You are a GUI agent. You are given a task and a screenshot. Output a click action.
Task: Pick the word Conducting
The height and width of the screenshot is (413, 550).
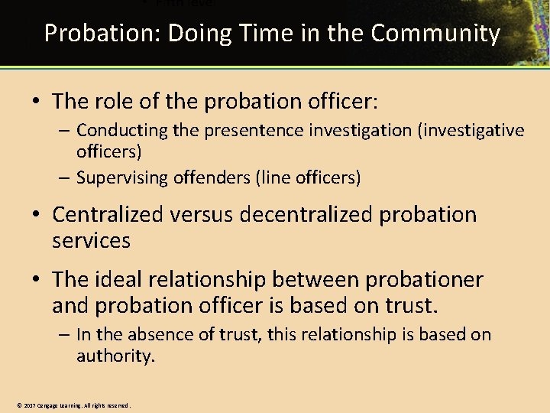point(122,131)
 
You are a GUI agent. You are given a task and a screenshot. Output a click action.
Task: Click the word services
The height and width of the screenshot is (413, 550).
point(91,240)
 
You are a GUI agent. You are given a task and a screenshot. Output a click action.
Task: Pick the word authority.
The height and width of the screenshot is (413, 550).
point(115,356)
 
